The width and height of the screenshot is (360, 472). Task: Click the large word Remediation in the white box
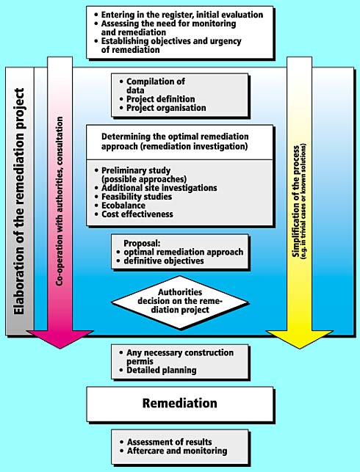179,403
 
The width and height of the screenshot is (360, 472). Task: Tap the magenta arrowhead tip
60,349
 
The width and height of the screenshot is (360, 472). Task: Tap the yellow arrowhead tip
299,349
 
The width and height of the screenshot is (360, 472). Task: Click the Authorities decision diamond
180,302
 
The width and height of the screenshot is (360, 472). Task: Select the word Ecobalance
123,206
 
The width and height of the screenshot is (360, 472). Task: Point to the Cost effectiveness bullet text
137,214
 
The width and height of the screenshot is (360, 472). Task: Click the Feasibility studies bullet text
137,197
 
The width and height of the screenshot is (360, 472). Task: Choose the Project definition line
161,99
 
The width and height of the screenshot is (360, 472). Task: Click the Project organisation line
166,108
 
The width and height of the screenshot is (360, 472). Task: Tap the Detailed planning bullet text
162,370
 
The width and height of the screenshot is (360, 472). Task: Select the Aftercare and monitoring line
177,451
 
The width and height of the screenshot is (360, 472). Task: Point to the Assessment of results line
169,442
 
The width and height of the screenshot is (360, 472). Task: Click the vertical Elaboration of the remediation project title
18,201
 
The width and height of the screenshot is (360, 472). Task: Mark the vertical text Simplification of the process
296,201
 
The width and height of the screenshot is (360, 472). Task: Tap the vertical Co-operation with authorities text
60,201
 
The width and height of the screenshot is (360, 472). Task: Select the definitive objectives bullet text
164,261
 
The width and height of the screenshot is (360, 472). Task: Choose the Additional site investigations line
159,188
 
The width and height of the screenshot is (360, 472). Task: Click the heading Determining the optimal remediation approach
175,141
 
